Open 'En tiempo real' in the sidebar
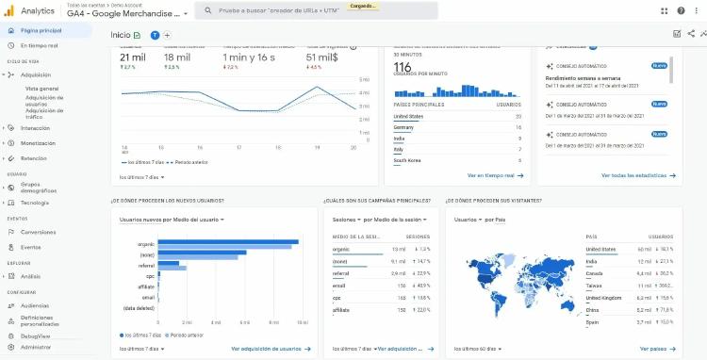(x=40, y=45)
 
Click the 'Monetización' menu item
(x=38, y=143)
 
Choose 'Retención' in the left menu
(x=34, y=158)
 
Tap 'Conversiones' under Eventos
(x=38, y=232)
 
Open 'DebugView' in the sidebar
(x=36, y=335)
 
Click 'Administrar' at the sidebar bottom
(x=36, y=347)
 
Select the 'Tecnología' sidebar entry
(x=35, y=203)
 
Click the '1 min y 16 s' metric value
(x=249, y=57)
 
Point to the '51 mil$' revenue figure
(x=324, y=57)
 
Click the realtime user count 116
(x=403, y=68)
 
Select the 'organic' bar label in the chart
(x=145, y=244)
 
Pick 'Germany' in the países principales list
(x=403, y=126)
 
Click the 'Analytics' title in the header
(x=38, y=11)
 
